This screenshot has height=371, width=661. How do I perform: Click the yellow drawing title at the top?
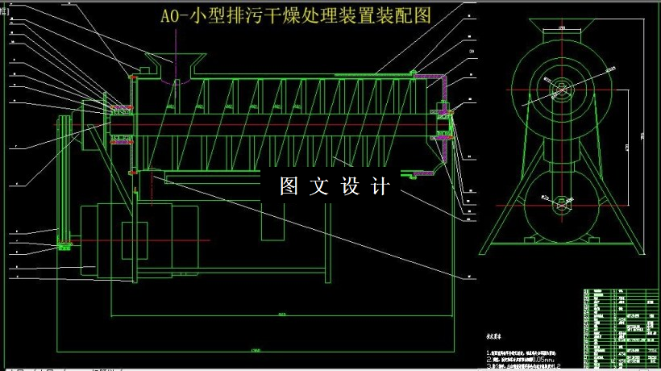pos(297,16)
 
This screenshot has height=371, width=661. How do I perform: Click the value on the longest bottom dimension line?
pos(257,349)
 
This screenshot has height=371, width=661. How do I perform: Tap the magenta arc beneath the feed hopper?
pos(177,82)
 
